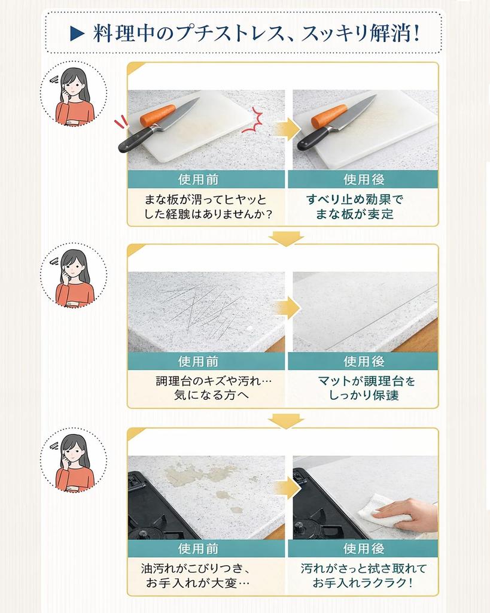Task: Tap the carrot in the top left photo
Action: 157,115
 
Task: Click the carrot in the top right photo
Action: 328,116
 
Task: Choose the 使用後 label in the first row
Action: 363,179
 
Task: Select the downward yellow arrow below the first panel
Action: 282,238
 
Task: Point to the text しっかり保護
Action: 364,395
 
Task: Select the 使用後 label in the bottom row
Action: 363,548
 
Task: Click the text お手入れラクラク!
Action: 363,582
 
